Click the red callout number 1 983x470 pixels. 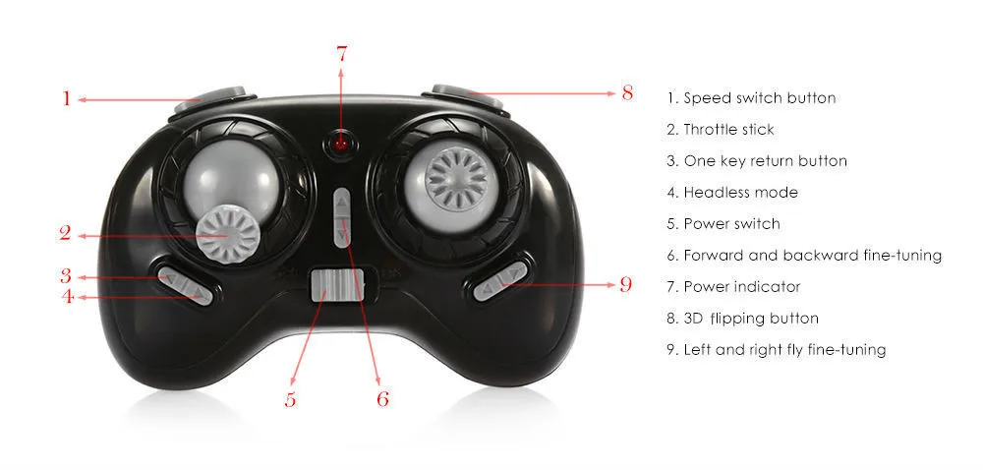[66, 98]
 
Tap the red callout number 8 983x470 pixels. [627, 92]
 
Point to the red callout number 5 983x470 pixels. [290, 399]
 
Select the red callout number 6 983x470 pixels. [382, 398]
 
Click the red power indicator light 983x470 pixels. [340, 145]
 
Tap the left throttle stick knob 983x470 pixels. [228, 235]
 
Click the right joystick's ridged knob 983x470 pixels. [456, 178]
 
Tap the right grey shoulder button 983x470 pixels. [467, 96]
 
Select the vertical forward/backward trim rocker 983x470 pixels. [342, 217]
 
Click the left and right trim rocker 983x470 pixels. [500, 281]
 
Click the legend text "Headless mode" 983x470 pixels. [732, 193]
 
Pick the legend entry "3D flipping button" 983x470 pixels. [742, 319]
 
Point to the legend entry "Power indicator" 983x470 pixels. [733, 287]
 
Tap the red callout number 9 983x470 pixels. [625, 284]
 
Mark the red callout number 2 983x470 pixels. [65, 234]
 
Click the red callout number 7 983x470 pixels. [341, 54]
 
